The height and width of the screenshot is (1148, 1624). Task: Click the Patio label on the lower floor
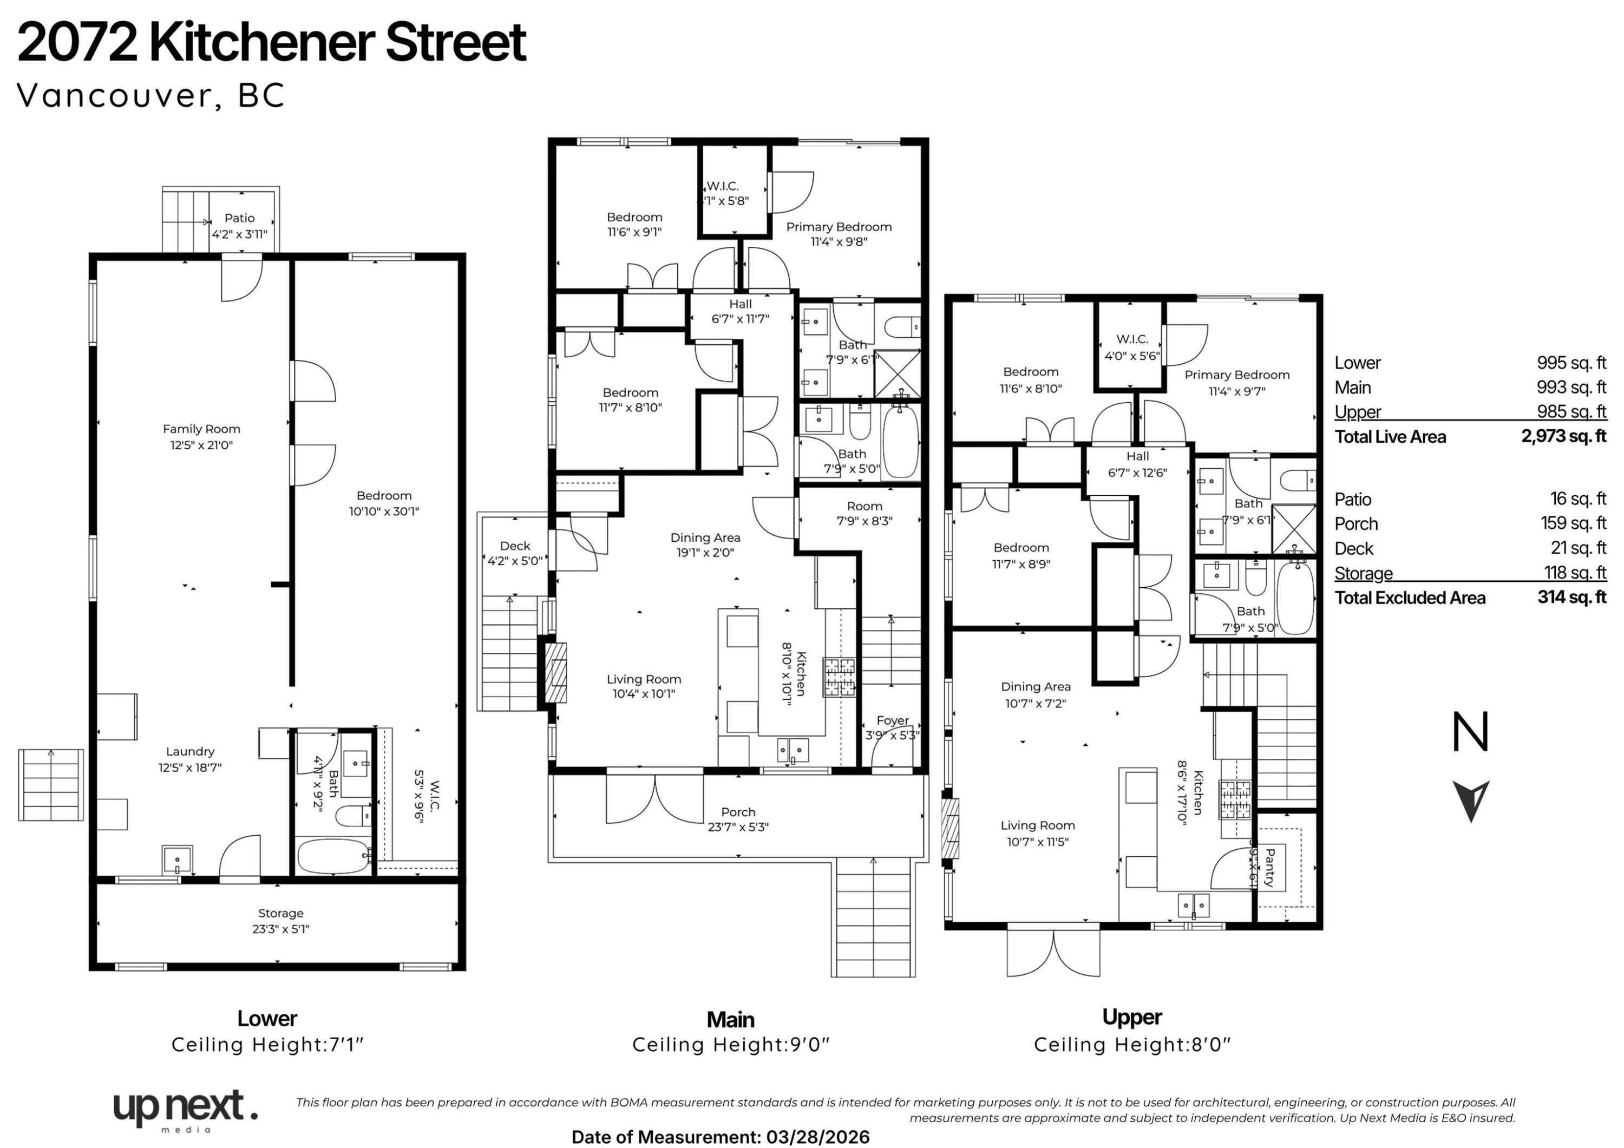click(239, 219)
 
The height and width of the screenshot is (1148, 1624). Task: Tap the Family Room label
click(201, 429)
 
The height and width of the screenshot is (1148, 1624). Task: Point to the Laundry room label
click(189, 752)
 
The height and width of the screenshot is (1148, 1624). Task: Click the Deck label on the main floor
click(514, 546)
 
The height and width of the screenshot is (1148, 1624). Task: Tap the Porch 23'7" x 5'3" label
click(738, 819)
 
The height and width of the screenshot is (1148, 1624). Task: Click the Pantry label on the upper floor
click(1269, 868)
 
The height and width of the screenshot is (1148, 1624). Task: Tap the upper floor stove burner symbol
click(1235, 798)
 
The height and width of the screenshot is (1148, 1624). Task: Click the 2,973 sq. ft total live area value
click(1563, 436)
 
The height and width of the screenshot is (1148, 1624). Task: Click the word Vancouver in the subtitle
click(113, 95)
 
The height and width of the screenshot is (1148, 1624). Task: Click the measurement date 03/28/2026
click(817, 1137)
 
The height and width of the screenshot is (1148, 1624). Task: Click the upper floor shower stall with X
click(1294, 529)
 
